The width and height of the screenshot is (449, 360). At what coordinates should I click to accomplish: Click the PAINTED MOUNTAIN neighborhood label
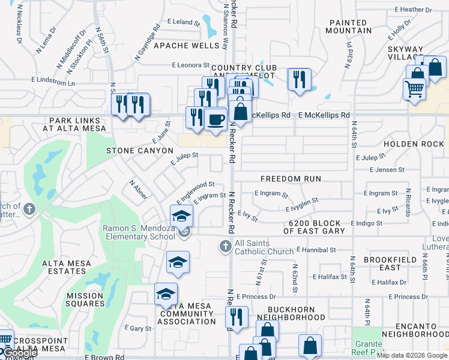click(350, 26)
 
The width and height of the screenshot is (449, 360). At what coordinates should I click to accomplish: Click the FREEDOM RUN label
click(291, 179)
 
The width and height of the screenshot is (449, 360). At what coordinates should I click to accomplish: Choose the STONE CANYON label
click(140, 151)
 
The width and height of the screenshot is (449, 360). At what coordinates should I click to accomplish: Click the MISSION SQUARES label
click(85, 299)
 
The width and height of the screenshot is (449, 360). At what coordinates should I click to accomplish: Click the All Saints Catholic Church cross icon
click(224, 245)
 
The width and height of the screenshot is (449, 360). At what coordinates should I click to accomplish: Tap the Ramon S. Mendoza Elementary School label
click(139, 232)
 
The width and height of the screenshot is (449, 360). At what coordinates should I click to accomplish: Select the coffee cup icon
click(215, 118)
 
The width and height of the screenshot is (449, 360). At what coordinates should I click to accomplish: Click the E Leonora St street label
click(190, 65)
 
